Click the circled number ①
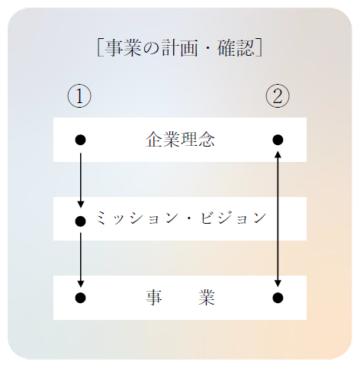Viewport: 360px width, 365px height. pyautogui.click(x=79, y=96)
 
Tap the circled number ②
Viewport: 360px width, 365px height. pyautogui.click(x=278, y=96)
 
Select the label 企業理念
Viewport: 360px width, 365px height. pyautogui.click(x=180, y=140)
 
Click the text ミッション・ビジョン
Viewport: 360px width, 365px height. pyautogui.click(x=181, y=218)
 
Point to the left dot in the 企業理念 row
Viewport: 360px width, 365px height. pyautogui.click(x=80, y=140)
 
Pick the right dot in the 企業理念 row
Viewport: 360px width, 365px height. pyautogui.click(x=278, y=140)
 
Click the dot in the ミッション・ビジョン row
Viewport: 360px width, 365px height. pyautogui.click(x=80, y=221)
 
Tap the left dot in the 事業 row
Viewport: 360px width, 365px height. pyautogui.click(x=80, y=298)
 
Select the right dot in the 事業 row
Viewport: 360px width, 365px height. pyautogui.click(x=278, y=298)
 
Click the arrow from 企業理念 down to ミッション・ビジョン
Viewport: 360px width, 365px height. pyautogui.click(x=81, y=180)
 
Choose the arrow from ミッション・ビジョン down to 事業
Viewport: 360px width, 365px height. pyautogui.click(x=81, y=260)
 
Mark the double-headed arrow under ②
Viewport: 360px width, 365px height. pyautogui.click(x=278, y=219)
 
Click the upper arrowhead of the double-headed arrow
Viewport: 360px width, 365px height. pyautogui.click(x=278, y=153)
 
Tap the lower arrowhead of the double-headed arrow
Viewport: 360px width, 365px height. pyautogui.click(x=278, y=284)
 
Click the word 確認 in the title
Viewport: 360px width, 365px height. pyautogui.click(x=236, y=47)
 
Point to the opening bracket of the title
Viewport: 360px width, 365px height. pyautogui.click(x=100, y=47)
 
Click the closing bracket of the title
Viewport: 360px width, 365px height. pyautogui.click(x=259, y=47)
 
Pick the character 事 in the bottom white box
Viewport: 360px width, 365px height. pyautogui.click(x=154, y=297)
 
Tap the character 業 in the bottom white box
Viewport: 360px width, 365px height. pyautogui.click(x=207, y=297)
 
